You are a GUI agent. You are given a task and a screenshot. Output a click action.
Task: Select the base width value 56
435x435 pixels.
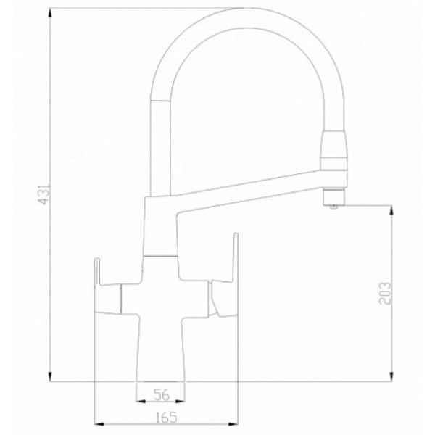pyautogui.click(x=161, y=394)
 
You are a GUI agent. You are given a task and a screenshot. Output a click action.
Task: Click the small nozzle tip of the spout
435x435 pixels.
pyautogui.click(x=333, y=205)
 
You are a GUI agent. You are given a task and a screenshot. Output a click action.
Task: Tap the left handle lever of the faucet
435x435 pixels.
pyautogui.click(x=109, y=290)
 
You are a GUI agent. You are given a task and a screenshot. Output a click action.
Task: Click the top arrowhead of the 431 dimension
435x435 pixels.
pyautogui.click(x=49, y=12)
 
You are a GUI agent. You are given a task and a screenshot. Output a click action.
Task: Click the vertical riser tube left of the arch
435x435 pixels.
pyautogui.click(x=160, y=145)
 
